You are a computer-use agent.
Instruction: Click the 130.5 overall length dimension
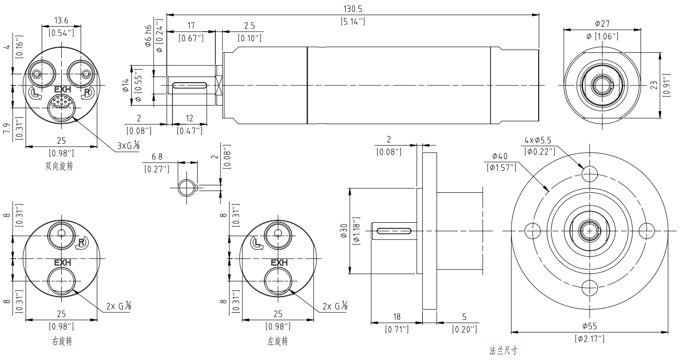coord(353,8)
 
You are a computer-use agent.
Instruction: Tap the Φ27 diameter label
coord(602,23)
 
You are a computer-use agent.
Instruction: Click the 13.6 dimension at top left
coord(61,20)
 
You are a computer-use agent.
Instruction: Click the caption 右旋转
coord(62,341)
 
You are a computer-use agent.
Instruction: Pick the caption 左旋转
coord(277,341)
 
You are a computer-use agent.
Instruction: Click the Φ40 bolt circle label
coord(500,155)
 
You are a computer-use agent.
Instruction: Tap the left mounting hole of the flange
coord(532,230)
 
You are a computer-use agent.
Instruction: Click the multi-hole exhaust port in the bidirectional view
coord(61,103)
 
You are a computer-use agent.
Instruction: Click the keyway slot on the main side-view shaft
coord(189,85)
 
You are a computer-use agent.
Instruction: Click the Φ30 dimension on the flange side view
coord(344,230)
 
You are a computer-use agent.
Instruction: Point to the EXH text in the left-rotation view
coord(279,262)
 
